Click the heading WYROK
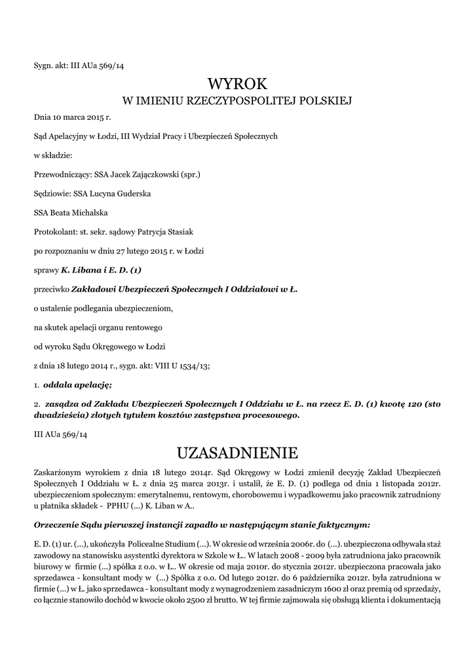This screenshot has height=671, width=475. pos(237,84)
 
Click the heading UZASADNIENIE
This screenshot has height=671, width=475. pos(237,452)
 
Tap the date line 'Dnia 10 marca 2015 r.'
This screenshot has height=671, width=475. pos(73,117)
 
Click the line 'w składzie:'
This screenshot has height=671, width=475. pos(53,155)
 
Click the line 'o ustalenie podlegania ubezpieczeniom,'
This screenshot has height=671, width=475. pos(104,307)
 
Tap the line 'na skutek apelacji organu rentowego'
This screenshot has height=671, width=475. pos(98,326)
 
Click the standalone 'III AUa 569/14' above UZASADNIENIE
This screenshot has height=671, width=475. pos(60,434)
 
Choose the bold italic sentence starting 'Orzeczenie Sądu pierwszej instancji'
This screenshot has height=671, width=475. pos(202,524)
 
